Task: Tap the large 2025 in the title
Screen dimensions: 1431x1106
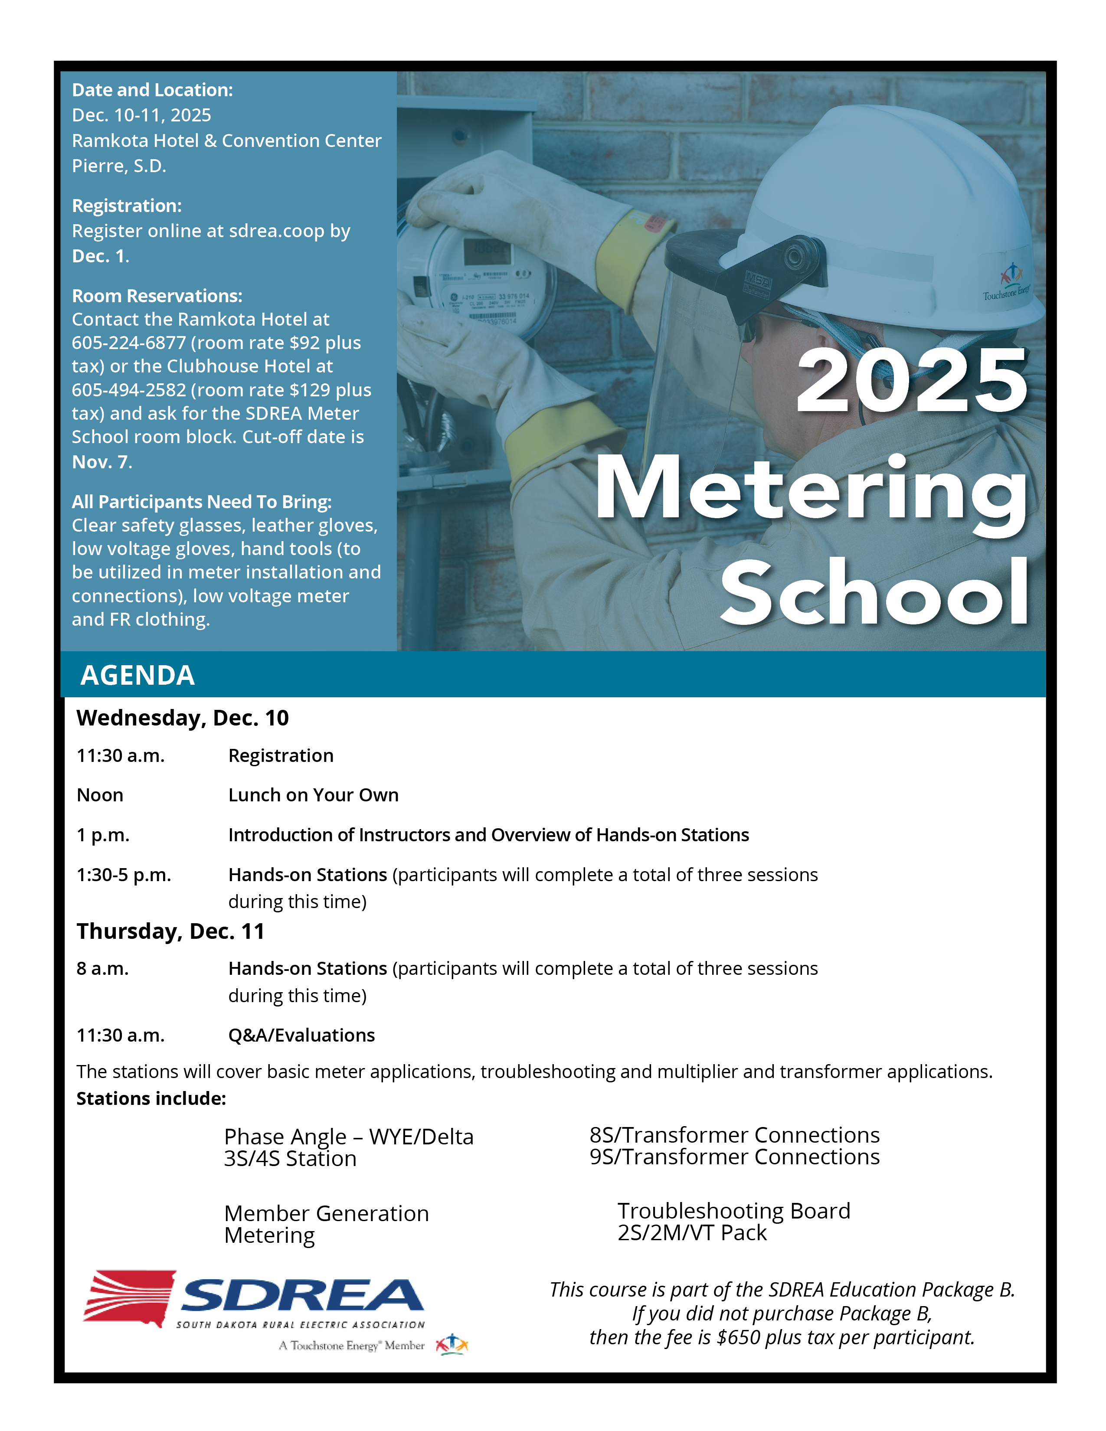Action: pos(911,381)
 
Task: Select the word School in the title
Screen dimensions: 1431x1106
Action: pos(875,592)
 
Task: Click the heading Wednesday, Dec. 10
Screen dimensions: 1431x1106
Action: pos(182,718)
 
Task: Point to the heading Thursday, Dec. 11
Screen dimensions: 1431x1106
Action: pos(170,931)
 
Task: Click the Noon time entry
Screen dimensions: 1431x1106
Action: pos(100,795)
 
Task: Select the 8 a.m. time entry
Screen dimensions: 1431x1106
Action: pos(102,968)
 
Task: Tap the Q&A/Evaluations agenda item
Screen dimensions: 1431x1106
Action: pos(301,1035)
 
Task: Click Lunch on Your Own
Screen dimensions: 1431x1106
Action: pos(313,795)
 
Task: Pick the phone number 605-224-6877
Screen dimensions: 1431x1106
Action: pos(128,343)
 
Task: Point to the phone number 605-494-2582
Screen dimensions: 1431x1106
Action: pos(128,390)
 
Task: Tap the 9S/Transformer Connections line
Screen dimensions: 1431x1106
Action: pos(734,1157)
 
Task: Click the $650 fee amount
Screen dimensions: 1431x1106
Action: pos(739,1337)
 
